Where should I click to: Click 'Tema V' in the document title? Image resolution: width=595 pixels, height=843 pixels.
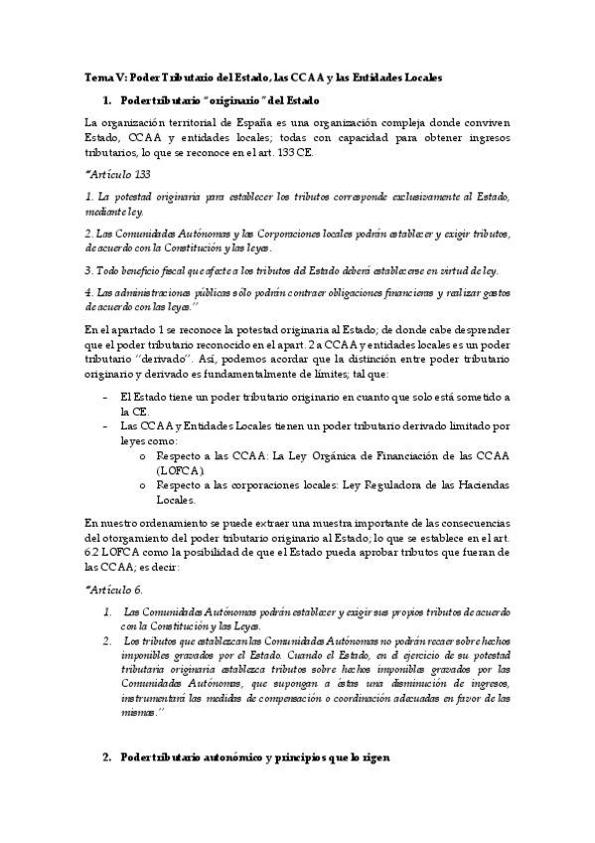point(100,77)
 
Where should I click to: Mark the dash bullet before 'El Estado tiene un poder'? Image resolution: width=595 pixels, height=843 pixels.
point(105,397)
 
